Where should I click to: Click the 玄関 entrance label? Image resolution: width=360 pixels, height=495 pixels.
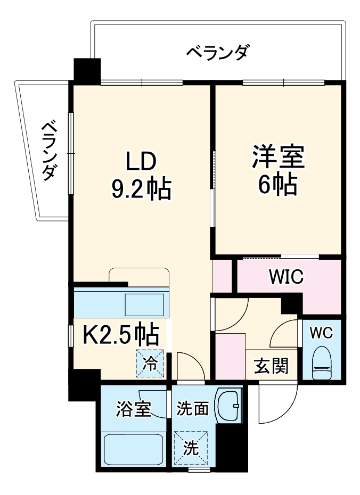click(x=271, y=366)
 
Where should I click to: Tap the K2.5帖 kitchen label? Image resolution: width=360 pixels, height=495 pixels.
click(x=121, y=335)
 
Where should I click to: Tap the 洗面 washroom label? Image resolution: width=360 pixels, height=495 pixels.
click(x=192, y=409)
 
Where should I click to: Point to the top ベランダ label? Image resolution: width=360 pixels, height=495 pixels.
click(x=218, y=53)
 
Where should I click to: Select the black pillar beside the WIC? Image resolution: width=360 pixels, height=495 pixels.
click(x=291, y=305)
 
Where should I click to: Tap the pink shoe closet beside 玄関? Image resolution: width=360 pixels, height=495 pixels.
click(x=230, y=356)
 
